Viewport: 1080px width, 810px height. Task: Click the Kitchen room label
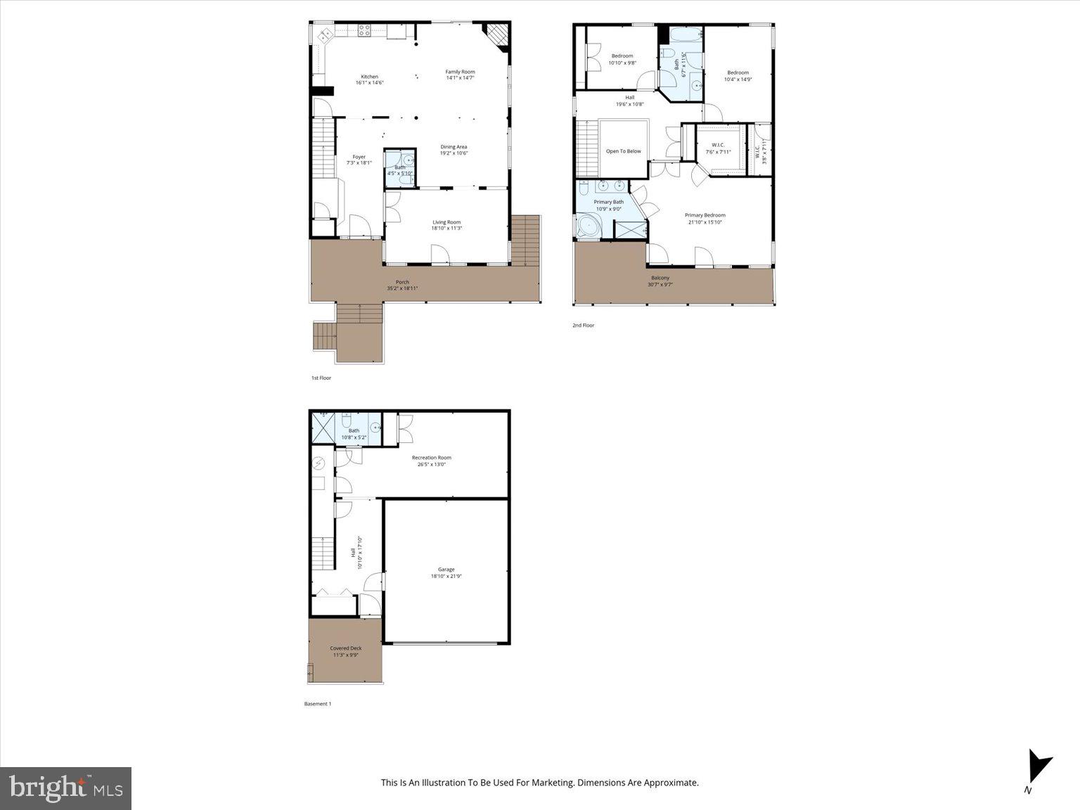pyautogui.click(x=369, y=77)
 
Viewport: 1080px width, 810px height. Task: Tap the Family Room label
pyautogui.click(x=460, y=72)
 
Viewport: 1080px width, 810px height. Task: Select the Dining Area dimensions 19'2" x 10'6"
pyautogui.click(x=454, y=153)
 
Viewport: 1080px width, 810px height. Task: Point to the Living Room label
pyautogui.click(x=446, y=222)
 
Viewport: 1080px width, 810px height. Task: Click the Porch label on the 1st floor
pyautogui.click(x=402, y=282)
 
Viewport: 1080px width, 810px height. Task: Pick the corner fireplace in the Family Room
pyautogui.click(x=498, y=34)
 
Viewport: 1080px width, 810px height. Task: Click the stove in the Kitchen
pyautogui.click(x=364, y=30)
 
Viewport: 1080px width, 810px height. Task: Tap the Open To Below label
pyautogui.click(x=624, y=151)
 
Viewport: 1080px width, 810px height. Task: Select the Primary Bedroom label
pyautogui.click(x=705, y=215)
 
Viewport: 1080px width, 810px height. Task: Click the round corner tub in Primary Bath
pyautogui.click(x=589, y=227)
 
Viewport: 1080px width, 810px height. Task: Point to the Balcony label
pyautogui.click(x=660, y=278)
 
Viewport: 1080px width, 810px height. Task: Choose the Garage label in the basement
pyautogui.click(x=446, y=570)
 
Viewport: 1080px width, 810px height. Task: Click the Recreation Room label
pyautogui.click(x=432, y=458)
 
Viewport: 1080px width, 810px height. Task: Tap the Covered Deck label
pyautogui.click(x=345, y=648)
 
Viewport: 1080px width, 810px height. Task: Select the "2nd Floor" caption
pyautogui.click(x=583, y=326)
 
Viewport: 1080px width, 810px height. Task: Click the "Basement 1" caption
pyautogui.click(x=317, y=704)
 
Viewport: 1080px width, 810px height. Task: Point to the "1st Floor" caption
pyautogui.click(x=321, y=378)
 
